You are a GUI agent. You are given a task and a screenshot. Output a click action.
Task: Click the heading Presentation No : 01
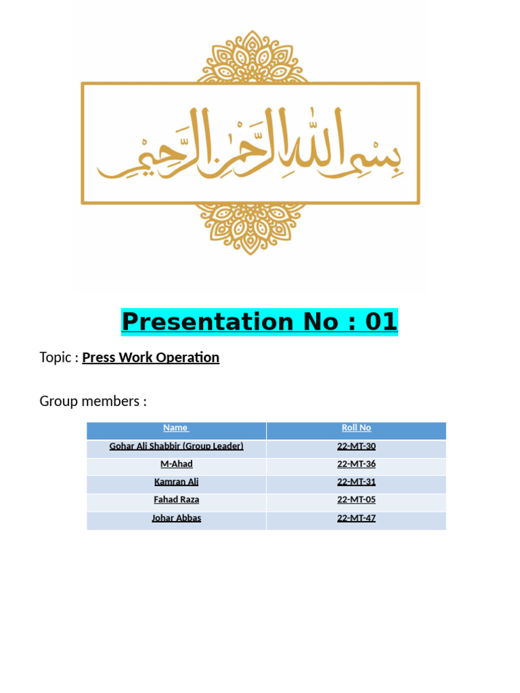click(259, 322)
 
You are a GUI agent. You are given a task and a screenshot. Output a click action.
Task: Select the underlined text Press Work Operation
click(150, 357)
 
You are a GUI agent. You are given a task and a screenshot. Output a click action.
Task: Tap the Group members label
click(93, 401)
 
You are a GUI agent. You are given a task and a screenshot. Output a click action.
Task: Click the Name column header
click(176, 428)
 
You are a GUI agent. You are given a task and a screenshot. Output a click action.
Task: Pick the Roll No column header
click(356, 428)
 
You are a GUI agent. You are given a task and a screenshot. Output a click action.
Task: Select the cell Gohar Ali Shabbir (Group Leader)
click(176, 446)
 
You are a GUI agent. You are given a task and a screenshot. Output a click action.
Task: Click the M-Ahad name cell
click(176, 464)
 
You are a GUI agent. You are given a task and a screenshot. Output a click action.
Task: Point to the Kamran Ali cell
click(176, 483)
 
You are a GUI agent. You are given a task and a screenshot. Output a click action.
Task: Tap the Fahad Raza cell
click(176, 500)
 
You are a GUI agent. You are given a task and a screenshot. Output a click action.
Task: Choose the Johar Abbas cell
click(176, 518)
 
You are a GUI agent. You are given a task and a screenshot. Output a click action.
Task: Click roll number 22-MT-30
click(356, 446)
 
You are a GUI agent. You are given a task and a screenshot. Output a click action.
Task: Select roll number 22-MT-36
click(356, 464)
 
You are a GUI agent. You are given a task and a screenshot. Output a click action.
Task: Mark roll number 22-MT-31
click(356, 483)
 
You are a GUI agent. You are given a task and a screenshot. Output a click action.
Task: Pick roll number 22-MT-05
click(356, 500)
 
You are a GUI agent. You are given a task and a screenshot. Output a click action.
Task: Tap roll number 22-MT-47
click(356, 518)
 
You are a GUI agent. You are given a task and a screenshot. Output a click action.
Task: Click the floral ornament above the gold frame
click(251, 58)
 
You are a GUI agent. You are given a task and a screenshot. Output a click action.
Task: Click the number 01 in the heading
click(381, 322)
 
